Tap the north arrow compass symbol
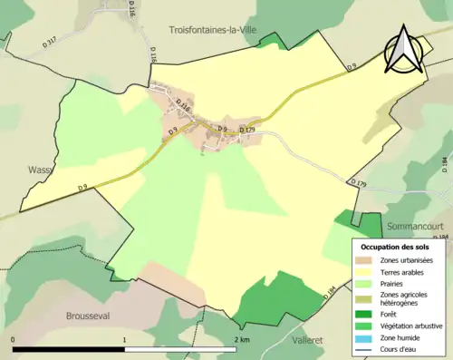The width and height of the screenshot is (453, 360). click(402, 50)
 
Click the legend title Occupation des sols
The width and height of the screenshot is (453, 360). click(400, 247)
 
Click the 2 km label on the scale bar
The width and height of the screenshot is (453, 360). click(241, 339)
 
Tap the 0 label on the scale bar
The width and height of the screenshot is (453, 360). click(14, 339)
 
